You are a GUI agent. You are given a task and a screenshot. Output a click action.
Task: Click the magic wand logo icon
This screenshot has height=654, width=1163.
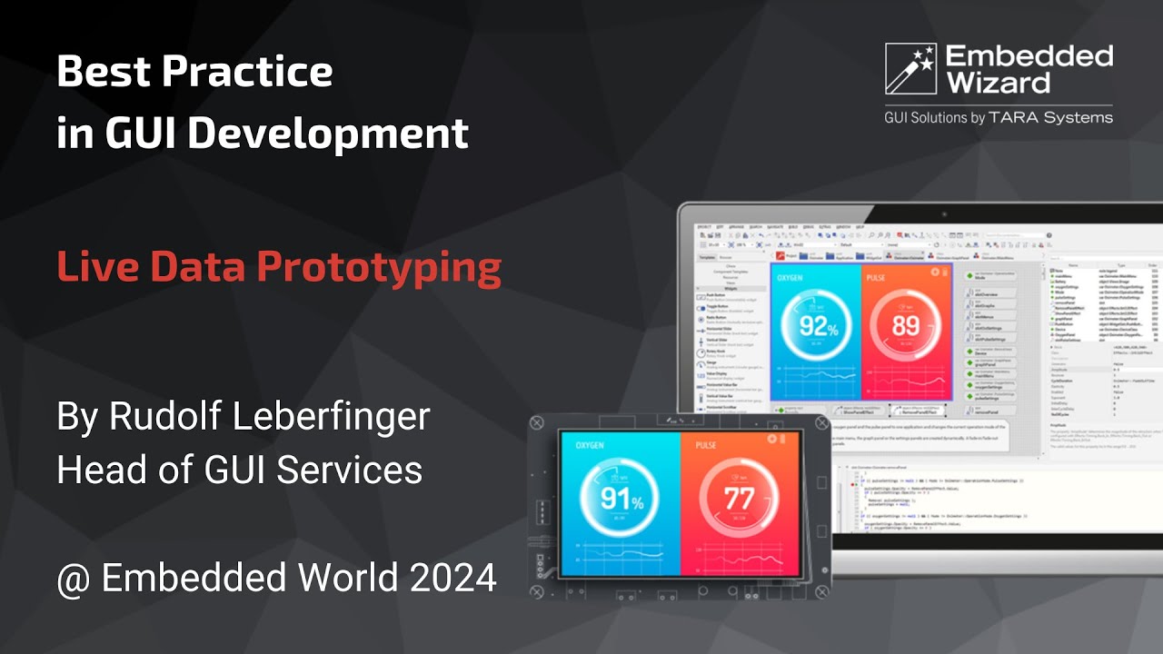click(x=910, y=69)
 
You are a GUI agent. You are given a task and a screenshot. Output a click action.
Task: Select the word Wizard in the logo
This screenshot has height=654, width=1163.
click(x=998, y=84)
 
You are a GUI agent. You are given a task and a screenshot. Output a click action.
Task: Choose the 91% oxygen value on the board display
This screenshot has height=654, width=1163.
click(x=621, y=499)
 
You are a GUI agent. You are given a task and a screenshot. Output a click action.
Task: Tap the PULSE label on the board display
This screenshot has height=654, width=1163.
click(x=706, y=446)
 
